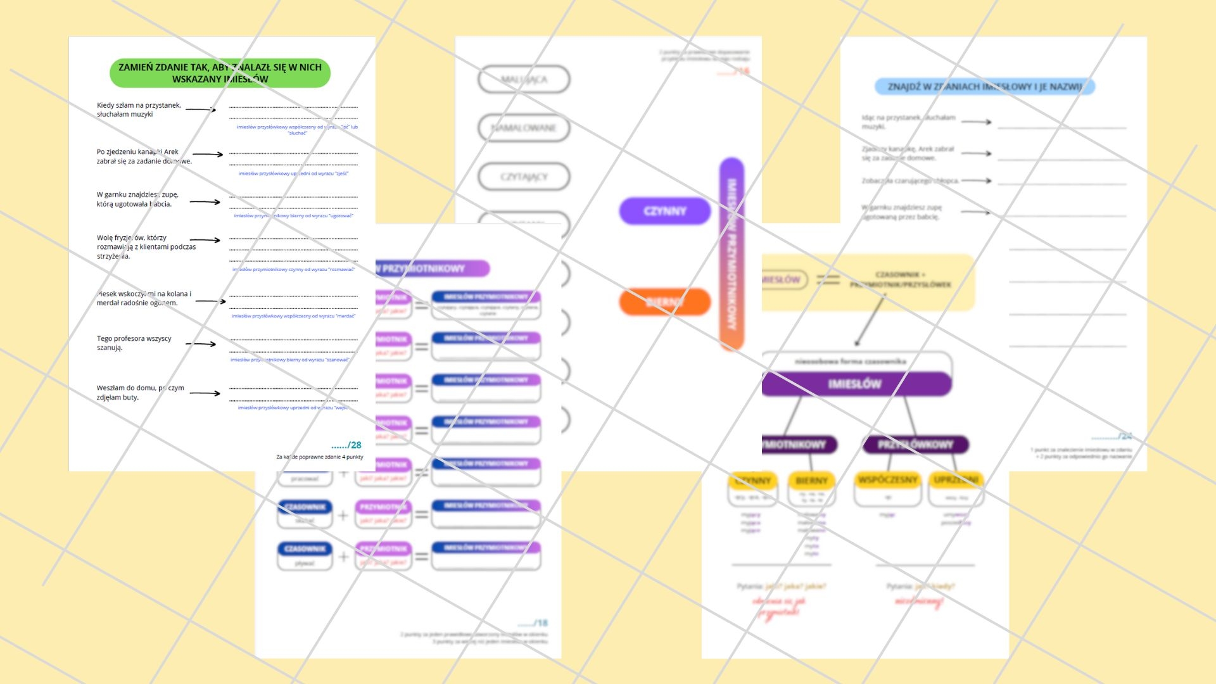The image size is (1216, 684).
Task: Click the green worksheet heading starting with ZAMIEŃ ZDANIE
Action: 220,73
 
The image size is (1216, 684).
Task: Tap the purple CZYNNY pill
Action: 664,211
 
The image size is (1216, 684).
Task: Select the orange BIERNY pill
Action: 664,301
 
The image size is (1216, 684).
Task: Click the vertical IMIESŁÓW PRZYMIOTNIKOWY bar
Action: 731,253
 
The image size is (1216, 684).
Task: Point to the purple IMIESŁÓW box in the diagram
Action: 855,384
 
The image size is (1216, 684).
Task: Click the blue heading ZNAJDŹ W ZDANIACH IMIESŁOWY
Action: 984,87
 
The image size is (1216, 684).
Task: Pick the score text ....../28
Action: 346,445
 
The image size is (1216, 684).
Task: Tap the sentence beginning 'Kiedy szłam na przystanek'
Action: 139,110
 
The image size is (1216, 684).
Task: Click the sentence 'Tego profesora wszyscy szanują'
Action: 134,343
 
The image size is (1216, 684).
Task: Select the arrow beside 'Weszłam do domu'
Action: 205,393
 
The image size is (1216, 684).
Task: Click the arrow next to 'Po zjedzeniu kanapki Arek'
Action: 208,155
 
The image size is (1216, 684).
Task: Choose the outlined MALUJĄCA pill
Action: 524,80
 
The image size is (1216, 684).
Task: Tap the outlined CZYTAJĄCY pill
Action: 524,177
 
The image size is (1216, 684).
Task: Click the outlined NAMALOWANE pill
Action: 524,128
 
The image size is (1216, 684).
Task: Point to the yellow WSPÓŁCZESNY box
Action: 887,480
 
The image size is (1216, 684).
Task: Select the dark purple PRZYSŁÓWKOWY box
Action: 915,445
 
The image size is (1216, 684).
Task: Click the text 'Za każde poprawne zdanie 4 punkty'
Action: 320,457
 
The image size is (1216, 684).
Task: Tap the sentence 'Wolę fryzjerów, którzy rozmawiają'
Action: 146,247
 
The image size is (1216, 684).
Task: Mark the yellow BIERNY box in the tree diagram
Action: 811,481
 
